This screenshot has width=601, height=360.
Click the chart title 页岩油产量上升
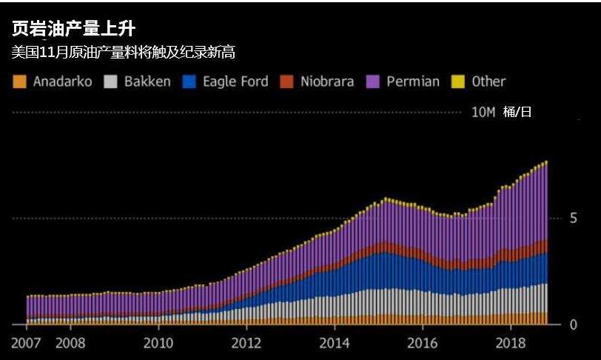tap(73, 30)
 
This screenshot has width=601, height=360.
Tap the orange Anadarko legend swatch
tap(20, 81)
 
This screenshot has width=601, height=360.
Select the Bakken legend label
tap(147, 81)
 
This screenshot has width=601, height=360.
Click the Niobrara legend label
tap(327, 81)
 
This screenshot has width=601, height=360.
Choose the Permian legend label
tap(413, 81)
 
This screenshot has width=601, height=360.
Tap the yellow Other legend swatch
tap(457, 81)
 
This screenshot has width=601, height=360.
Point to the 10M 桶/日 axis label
tap(501, 112)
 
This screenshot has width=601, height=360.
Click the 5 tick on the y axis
tap(572, 219)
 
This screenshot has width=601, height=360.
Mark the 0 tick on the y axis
tap(572, 324)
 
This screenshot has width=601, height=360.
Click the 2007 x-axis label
tap(26, 344)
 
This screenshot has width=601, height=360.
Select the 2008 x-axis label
tap(70, 344)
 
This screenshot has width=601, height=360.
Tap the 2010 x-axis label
tap(158, 344)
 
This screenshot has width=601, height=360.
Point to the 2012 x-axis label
tap(246, 344)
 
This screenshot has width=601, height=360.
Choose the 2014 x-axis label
tap(335, 344)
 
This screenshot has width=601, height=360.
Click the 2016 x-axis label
tap(423, 344)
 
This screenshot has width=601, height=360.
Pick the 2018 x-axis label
tap(511, 344)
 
